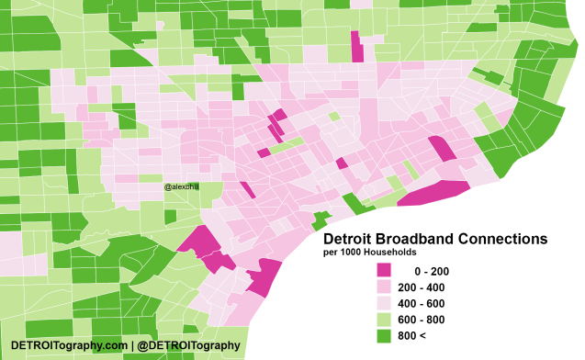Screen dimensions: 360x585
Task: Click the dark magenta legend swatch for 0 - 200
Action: pyautogui.click(x=383, y=271)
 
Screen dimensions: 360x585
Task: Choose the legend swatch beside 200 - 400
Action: pyautogui.click(x=383, y=287)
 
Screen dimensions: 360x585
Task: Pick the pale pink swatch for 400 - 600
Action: pyautogui.click(x=383, y=304)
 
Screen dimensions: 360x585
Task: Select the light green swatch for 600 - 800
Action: pyautogui.click(x=383, y=321)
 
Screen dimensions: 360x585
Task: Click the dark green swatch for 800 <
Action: pyautogui.click(x=383, y=337)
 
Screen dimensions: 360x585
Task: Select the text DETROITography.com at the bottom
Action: pyautogui.click(x=69, y=345)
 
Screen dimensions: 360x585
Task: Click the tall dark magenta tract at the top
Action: pyautogui.click(x=356, y=46)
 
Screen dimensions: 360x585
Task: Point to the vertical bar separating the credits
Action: pyautogui.click(x=132, y=345)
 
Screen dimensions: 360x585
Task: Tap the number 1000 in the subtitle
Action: pyautogui.click(x=352, y=252)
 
